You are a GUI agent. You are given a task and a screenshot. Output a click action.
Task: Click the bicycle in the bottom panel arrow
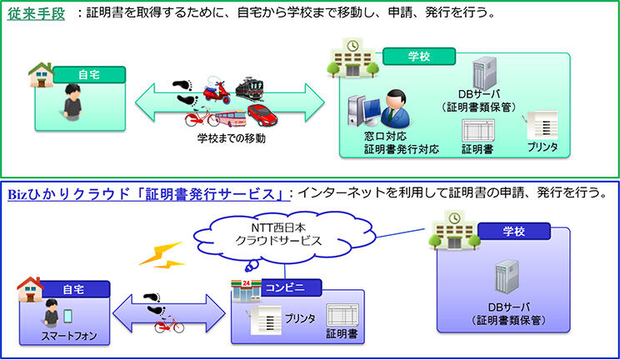pyautogui.click(x=169, y=325)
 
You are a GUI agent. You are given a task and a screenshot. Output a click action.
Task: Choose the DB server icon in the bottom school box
pyautogui.click(x=507, y=278)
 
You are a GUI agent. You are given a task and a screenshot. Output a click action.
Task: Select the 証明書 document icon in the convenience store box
pyautogui.click(x=341, y=316)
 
